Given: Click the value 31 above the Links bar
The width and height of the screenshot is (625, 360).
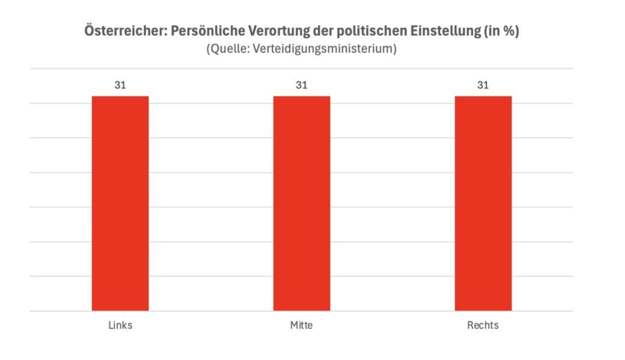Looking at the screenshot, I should coord(120,85).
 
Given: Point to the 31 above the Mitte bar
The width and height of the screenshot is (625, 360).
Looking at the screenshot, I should coord(302,85).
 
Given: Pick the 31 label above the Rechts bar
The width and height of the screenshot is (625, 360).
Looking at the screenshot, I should coord(483,85).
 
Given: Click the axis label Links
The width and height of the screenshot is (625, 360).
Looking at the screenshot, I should coord(120,325).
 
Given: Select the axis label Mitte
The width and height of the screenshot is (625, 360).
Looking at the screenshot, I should coord(302,325).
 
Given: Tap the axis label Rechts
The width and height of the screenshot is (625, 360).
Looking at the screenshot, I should coord(483,325).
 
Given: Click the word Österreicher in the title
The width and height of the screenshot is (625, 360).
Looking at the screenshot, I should coord(125,32).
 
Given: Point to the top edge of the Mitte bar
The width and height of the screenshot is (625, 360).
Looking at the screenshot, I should coord(302,96).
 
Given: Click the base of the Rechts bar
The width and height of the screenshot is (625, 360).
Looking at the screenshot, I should coord(483,310).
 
